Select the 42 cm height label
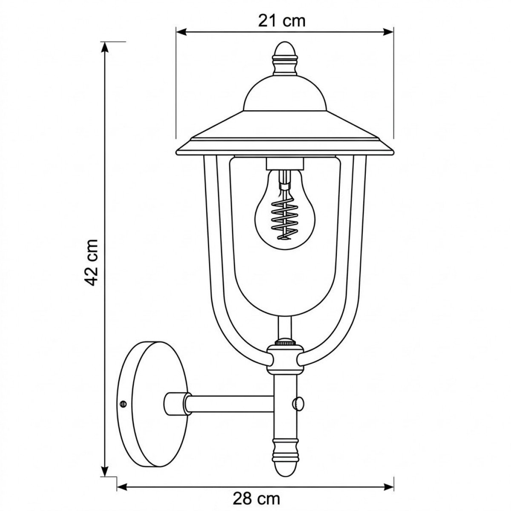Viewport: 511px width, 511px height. (91, 262)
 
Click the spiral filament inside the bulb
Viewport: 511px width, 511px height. (283, 217)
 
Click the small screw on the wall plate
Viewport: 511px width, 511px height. (123, 402)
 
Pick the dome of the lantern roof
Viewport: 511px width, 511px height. (284, 92)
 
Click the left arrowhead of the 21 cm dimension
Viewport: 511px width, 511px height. (181, 32)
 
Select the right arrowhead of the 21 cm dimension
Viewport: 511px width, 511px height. (388, 32)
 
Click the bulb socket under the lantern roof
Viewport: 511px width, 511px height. (284, 163)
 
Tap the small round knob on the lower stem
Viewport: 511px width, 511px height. (299, 401)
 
